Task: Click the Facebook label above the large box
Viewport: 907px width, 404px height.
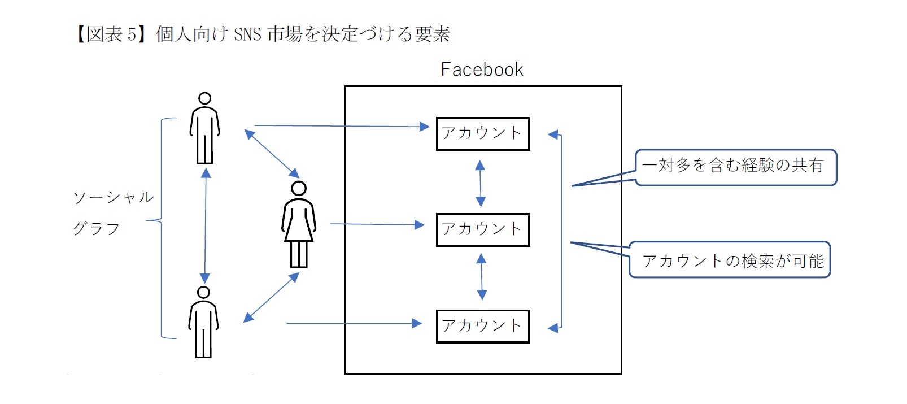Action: pos(482,69)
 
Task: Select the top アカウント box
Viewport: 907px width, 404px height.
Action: pos(482,134)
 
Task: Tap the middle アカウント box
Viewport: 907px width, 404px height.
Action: pos(482,230)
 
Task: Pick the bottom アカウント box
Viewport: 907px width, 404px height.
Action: pos(482,326)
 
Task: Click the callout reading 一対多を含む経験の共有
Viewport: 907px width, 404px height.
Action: pos(735,167)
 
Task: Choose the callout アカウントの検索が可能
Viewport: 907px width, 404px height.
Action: pos(730,260)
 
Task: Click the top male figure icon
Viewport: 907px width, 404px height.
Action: pos(204,129)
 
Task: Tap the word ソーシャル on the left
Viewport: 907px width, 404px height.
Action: pos(114,197)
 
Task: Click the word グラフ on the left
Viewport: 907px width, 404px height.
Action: pos(97,229)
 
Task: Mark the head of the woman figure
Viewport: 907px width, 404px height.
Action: pos(299,188)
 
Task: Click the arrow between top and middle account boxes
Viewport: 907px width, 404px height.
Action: pos(480,183)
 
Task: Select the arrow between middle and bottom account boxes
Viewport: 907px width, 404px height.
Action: pos(482,276)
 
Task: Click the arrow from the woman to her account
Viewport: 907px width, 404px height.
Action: pos(377,224)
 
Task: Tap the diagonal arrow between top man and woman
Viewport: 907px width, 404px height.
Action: pos(272,153)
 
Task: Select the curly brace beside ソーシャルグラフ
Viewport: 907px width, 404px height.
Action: pos(160,226)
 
